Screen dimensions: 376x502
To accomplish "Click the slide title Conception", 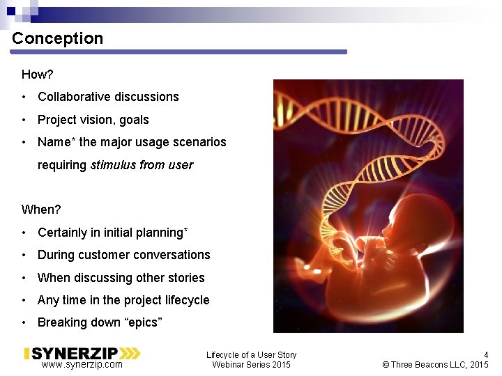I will click(57, 38).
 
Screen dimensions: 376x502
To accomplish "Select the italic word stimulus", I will click(113, 165).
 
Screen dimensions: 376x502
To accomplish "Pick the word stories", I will click(186, 278).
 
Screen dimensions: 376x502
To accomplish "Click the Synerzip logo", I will click(82, 353).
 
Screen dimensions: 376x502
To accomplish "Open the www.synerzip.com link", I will click(82, 365).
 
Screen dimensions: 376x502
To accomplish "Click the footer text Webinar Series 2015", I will click(251, 365).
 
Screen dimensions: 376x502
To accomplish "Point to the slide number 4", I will click(486, 354).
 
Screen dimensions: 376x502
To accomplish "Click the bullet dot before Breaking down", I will click(24, 322).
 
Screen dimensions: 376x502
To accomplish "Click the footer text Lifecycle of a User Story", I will click(251, 355).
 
